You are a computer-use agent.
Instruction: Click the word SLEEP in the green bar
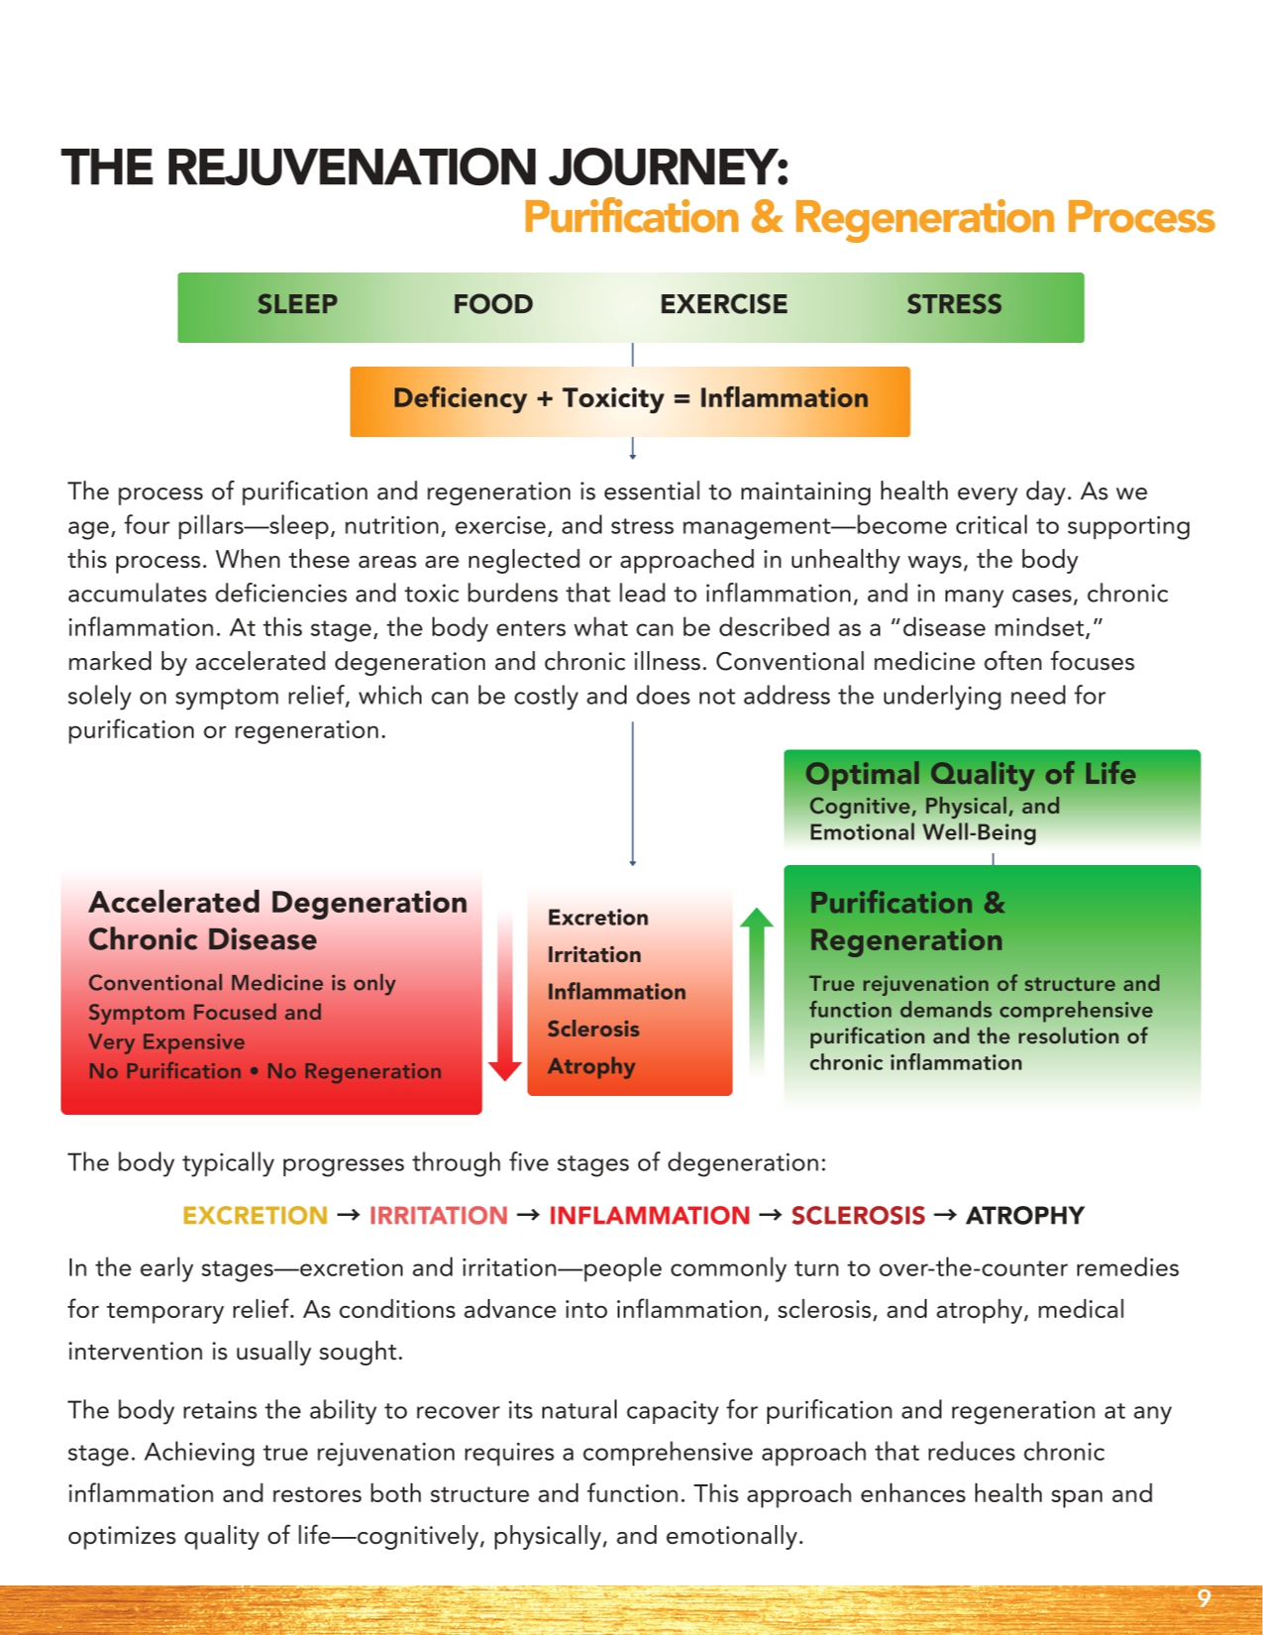pos(297,304)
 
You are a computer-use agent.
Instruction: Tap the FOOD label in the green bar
pos(492,304)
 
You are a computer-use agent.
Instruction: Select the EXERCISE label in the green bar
pos(723,304)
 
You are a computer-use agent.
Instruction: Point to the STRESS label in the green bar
pos(954,304)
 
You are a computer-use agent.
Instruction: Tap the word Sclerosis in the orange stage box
pos(593,1030)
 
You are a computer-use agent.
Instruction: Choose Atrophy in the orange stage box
pos(591,1067)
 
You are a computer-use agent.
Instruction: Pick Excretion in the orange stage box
pos(597,918)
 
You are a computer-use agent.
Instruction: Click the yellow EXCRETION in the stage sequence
pos(255,1216)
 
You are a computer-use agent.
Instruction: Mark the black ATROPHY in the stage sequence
pos(1024,1216)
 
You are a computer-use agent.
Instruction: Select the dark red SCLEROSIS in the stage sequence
pos(858,1216)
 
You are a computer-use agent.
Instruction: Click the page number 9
pos(1204,1597)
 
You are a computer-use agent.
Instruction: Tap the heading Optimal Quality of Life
pos(970,774)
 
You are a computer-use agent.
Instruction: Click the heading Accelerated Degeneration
pos(277,903)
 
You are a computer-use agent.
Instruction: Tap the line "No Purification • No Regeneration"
pos(264,1071)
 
